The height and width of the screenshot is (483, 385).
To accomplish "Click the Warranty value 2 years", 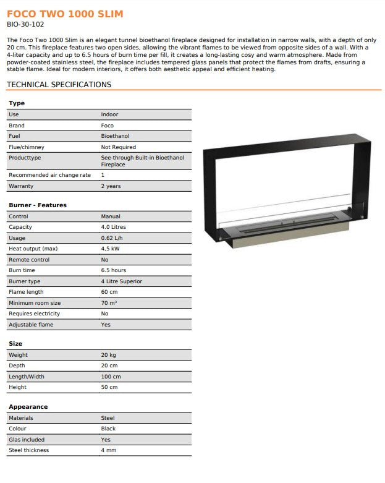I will coord(111,186).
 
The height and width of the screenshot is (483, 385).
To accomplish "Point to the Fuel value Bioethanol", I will coord(116,136).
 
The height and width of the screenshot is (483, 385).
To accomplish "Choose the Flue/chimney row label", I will coord(27,147).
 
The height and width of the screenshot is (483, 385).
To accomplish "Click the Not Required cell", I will coord(119,147).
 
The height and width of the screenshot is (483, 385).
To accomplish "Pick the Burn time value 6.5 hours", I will coord(114,270).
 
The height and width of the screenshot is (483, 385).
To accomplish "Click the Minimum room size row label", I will coord(35,303).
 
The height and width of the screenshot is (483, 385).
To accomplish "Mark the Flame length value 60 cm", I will coord(109,292).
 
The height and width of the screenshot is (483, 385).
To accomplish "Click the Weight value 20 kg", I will coord(108,355).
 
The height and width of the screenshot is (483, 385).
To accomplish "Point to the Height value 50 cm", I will coord(109,387).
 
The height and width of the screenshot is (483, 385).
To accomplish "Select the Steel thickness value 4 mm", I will coord(109,450).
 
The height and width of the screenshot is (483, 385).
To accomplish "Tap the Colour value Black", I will coord(109,429).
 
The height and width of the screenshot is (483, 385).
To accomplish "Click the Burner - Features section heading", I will coord(38,205).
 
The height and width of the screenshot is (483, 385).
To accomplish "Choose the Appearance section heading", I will coord(28,407).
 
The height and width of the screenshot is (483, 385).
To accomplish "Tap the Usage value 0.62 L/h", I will coord(112,238).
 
